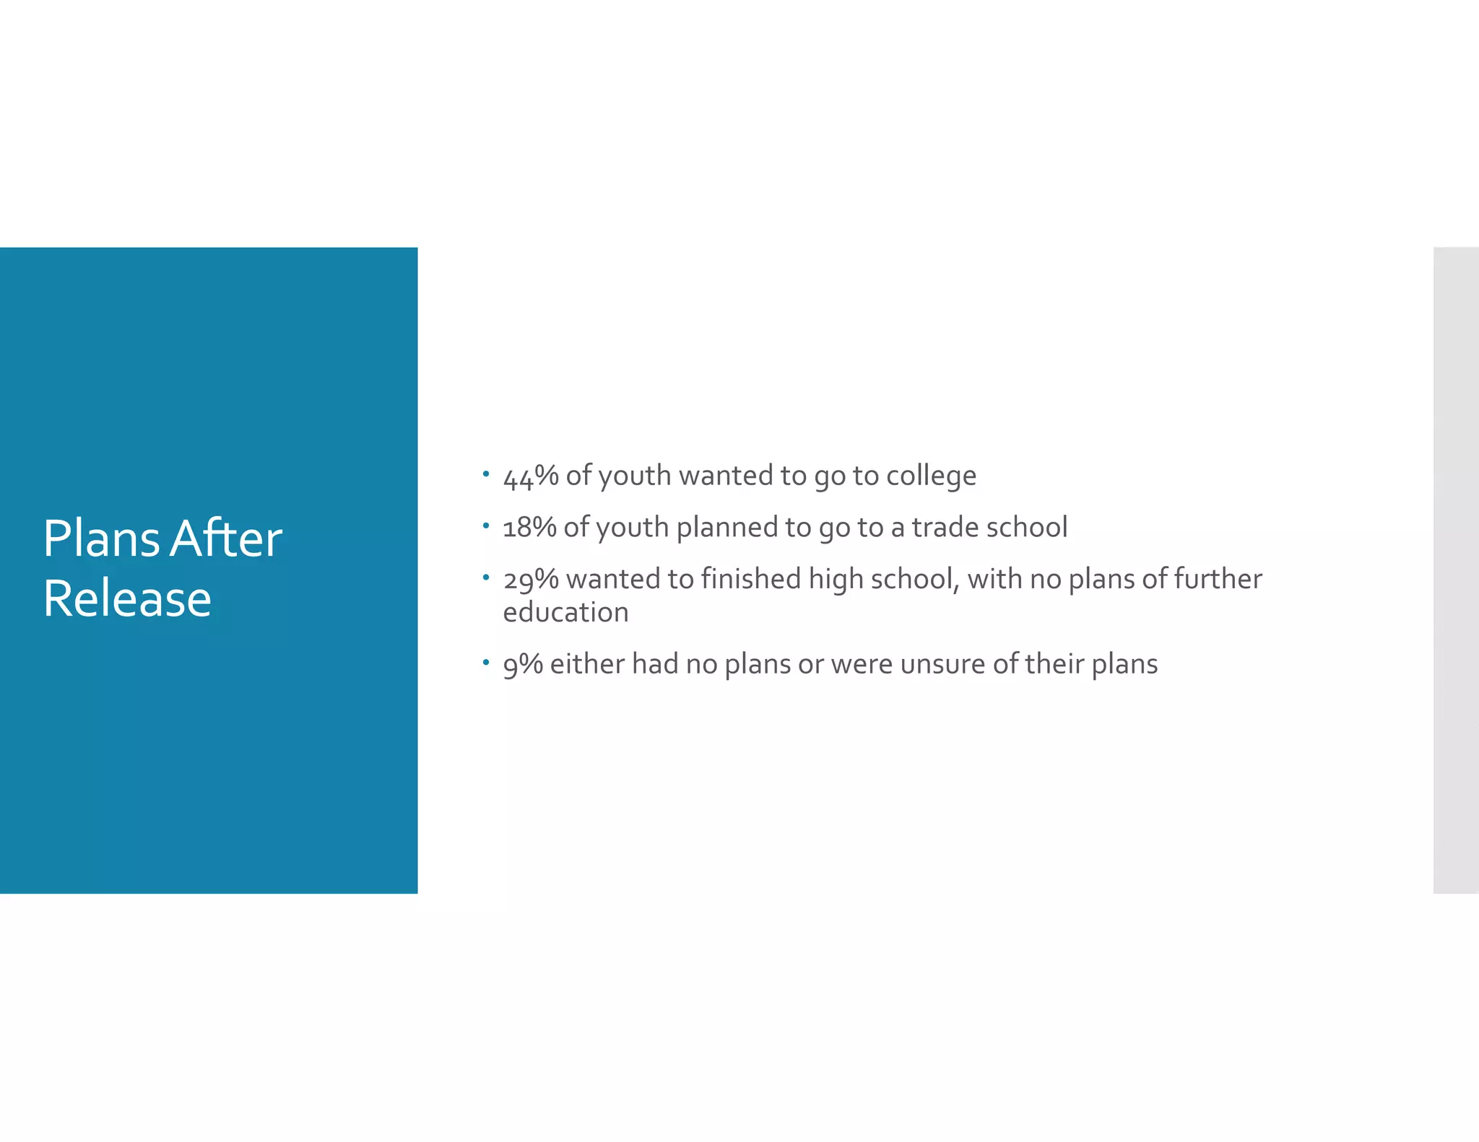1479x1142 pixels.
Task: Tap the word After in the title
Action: (226, 539)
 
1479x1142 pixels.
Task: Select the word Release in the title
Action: (127, 599)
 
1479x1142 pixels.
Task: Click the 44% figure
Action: (531, 476)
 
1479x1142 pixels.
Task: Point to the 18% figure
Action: (529, 528)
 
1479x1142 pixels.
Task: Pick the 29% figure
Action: (531, 580)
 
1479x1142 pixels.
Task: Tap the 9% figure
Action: (523, 664)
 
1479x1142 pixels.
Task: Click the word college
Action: (931, 476)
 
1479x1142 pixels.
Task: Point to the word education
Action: (565, 613)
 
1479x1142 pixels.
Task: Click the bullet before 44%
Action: (486, 474)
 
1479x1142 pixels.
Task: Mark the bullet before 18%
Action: (486, 526)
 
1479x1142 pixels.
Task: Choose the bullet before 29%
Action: (486, 577)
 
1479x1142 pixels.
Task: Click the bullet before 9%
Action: (486, 662)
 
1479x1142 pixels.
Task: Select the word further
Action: (1218, 579)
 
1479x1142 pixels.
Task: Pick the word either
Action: (587, 664)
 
